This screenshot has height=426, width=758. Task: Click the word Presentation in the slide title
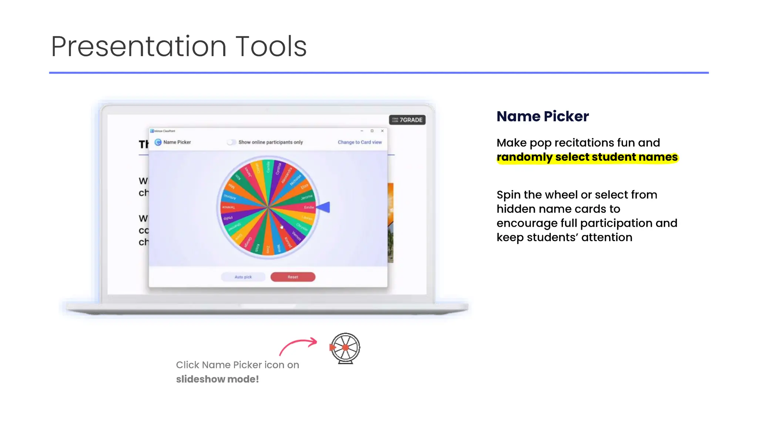pyautogui.click(x=138, y=47)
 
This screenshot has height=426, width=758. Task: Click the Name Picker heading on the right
pyautogui.click(x=542, y=116)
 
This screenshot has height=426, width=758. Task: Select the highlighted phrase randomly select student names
pyautogui.click(x=587, y=157)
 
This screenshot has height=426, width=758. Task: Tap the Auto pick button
pyautogui.click(x=243, y=277)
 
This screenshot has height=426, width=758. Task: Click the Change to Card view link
pyautogui.click(x=359, y=142)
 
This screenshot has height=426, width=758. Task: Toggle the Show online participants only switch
pyautogui.click(x=231, y=142)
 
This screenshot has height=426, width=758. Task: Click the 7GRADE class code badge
pyautogui.click(x=407, y=120)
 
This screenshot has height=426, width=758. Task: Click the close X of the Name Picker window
pyautogui.click(x=382, y=131)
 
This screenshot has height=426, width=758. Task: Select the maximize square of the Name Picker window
pyautogui.click(x=372, y=131)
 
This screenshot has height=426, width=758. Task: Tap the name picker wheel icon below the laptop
pyautogui.click(x=345, y=348)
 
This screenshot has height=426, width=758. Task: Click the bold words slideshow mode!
pyautogui.click(x=217, y=379)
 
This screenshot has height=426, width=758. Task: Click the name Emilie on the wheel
pyautogui.click(x=309, y=207)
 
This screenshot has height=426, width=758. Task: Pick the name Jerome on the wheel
pyautogui.click(x=306, y=197)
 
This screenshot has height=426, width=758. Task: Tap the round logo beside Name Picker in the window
pyautogui.click(x=158, y=142)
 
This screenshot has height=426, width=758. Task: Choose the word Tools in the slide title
pyautogui.click(x=271, y=47)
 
